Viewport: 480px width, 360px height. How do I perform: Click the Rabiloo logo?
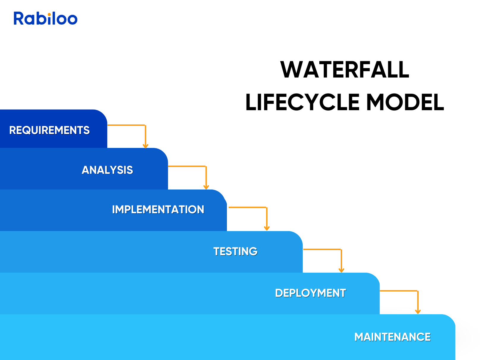(45, 18)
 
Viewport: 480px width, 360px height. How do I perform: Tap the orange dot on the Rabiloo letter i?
(49, 14)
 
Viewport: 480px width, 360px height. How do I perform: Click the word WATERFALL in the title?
(345, 70)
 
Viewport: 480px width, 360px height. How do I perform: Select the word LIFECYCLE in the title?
(302, 102)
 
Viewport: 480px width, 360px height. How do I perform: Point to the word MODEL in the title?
(405, 102)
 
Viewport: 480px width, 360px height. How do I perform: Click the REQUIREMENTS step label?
(49, 130)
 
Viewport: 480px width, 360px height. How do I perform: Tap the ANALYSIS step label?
(107, 170)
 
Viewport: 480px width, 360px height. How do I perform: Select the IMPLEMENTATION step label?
(158, 209)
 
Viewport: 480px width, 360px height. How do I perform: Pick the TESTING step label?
(235, 251)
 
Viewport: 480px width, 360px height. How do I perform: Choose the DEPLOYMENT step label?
(310, 293)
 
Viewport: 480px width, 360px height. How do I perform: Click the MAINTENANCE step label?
(392, 337)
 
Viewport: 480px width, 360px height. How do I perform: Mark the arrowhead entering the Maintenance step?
(418, 312)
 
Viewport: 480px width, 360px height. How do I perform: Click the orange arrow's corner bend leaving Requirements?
(145, 125)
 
